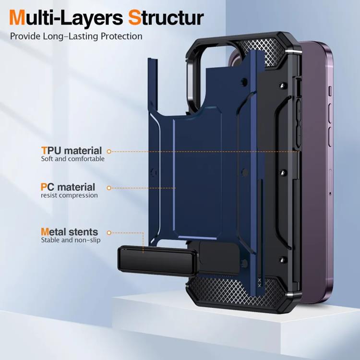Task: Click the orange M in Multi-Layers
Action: click(17, 18)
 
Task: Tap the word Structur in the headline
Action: click(166, 18)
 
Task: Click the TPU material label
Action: click(72, 151)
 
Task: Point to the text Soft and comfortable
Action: click(73, 159)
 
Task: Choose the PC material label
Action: click(68, 187)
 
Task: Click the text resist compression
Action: click(69, 195)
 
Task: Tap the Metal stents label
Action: click(69, 232)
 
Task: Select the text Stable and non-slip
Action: click(71, 240)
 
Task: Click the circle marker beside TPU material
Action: click(109, 151)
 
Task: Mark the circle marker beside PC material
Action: click(109, 188)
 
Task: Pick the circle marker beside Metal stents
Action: click(109, 233)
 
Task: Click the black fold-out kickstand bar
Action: click(158, 261)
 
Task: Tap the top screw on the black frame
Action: click(283, 85)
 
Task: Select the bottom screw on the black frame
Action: click(283, 260)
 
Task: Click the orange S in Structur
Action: click(134, 18)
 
